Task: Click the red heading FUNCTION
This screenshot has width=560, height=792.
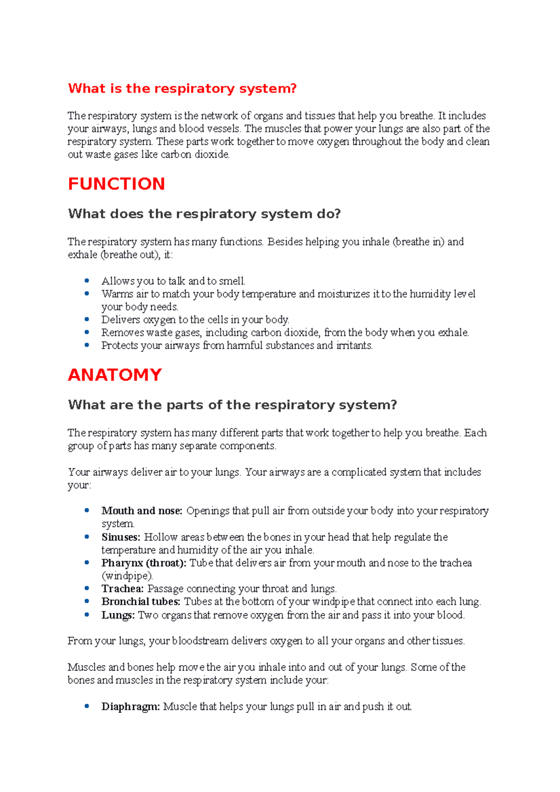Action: (x=116, y=184)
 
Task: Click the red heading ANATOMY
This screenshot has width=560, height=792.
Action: (x=115, y=375)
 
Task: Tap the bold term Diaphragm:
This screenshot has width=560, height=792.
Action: (x=130, y=707)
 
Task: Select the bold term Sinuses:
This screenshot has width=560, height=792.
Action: (x=120, y=537)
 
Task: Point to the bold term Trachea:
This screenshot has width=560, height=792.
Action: (x=122, y=589)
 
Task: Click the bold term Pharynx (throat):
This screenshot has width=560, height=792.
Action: (x=144, y=563)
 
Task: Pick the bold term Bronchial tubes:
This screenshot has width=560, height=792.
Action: (x=140, y=602)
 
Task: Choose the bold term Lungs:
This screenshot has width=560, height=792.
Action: (x=118, y=615)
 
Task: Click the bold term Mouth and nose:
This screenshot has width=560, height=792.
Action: (x=141, y=511)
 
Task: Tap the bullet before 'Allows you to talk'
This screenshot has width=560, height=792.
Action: (x=87, y=280)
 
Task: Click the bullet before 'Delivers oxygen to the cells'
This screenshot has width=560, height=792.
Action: (x=87, y=319)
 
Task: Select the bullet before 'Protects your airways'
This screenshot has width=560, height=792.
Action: (x=87, y=345)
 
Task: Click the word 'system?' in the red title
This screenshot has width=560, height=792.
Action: (x=268, y=89)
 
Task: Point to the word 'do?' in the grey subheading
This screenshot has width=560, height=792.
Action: (x=329, y=214)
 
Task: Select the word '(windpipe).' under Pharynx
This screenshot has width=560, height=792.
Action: (x=127, y=576)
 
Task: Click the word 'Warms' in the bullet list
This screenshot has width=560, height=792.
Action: (x=117, y=294)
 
